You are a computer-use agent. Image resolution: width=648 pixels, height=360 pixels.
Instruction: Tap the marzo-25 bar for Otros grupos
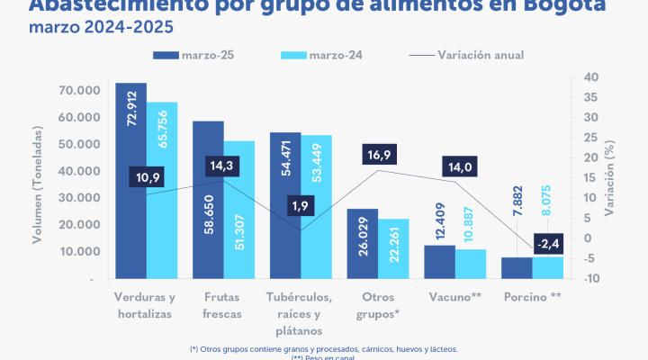[363, 243]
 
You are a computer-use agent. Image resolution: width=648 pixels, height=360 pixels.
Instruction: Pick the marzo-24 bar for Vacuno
[471, 264]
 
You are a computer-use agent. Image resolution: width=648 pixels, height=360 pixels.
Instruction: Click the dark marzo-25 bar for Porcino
[517, 268]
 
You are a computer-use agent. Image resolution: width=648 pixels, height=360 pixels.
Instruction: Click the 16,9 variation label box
[378, 155]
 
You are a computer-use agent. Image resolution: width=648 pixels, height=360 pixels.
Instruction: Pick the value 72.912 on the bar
[132, 106]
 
